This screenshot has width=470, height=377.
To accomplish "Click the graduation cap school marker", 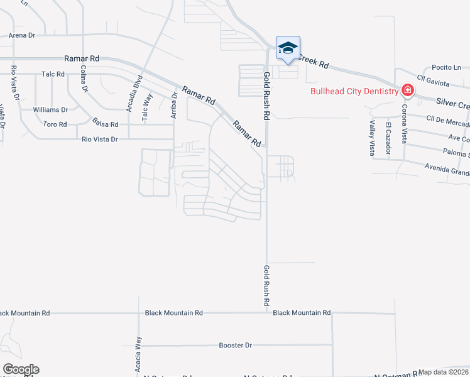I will tap(287, 48).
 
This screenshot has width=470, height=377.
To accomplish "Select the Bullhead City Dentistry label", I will tap(355, 91).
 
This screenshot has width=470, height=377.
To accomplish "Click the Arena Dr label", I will tap(18, 35).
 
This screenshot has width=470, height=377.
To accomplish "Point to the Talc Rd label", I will tap(53, 74).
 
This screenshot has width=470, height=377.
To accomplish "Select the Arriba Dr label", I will tap(174, 105).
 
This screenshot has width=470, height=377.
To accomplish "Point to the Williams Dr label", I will tap(50, 109).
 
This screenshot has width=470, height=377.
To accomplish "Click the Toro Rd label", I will tap(55, 124).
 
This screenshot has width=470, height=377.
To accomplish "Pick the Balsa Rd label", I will tap(104, 121).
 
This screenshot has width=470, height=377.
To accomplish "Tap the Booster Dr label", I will tap(235, 346).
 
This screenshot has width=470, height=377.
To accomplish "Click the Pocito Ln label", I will tap(446, 67).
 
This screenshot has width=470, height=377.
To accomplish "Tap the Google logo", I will tap(20, 369).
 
